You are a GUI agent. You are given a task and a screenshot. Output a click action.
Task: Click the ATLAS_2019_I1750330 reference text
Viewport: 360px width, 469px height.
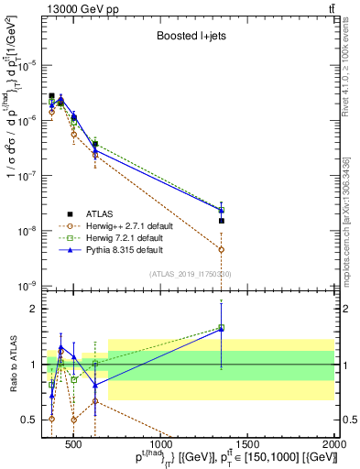tap(189, 274)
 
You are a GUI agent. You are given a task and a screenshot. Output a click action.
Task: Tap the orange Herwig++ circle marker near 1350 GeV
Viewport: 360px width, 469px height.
tap(221, 249)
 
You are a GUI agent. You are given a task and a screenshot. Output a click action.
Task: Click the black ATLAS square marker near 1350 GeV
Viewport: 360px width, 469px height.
tap(221, 221)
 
